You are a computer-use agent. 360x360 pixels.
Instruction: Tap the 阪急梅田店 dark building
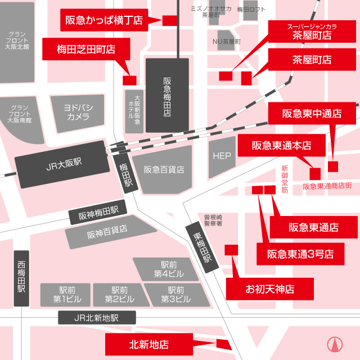click(167, 96)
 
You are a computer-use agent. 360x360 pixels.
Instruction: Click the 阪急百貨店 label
click(164, 169)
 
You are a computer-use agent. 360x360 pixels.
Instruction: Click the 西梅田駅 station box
click(21, 278)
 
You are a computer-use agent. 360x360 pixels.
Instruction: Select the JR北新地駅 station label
click(96, 318)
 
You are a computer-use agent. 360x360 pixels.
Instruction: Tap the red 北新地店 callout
click(149, 344)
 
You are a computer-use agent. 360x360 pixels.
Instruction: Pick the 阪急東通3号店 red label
click(300, 254)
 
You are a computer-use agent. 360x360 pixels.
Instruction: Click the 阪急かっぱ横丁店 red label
click(104, 20)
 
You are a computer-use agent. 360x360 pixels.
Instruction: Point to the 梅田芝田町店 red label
click(86, 49)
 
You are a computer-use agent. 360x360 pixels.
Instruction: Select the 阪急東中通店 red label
click(312, 114)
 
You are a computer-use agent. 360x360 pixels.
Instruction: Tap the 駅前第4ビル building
click(165, 269)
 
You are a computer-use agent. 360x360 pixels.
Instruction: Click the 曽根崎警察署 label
click(213, 220)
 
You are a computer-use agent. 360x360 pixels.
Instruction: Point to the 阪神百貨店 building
click(107, 229)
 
